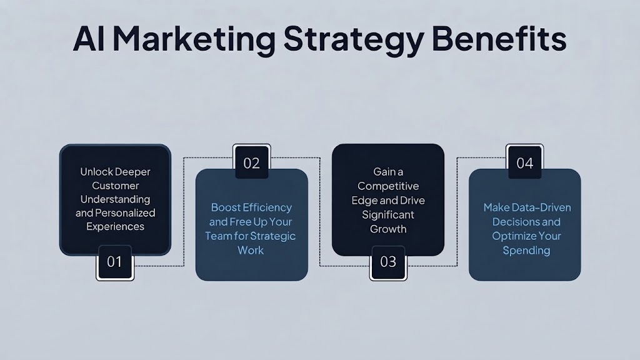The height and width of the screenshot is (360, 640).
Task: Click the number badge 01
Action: point(115,262)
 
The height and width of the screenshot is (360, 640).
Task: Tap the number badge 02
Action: point(251,162)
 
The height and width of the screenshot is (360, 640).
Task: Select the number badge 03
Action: point(387,262)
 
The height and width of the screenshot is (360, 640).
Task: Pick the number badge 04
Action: point(524,162)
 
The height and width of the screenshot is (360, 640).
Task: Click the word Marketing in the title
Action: point(194,40)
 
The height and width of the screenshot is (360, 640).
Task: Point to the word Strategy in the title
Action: point(354,40)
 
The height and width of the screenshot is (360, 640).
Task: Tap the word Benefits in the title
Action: point(499,39)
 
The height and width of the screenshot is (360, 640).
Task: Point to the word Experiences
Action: point(115,227)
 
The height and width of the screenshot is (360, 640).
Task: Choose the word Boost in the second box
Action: point(225,207)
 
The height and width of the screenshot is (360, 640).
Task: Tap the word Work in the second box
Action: point(251,250)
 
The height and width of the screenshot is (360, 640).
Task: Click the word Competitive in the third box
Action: point(388,186)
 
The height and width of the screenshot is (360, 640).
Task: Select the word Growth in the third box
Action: point(388,229)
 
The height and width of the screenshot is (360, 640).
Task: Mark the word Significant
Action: point(388,215)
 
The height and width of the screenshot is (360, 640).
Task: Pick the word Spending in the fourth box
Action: point(526,251)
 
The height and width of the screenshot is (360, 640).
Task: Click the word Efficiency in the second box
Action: point(267,207)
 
